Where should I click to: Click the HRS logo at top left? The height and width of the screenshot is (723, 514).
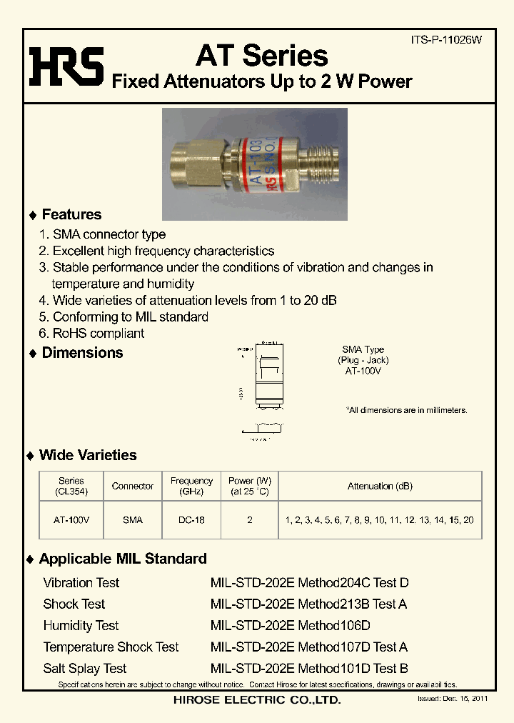(66, 65)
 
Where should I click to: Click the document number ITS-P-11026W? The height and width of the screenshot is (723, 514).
(447, 41)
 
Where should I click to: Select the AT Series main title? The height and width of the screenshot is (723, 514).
(261, 55)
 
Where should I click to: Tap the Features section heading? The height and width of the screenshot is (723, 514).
(71, 214)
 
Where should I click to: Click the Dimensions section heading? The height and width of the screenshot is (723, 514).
(82, 353)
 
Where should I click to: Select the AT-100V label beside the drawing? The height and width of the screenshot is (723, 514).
(363, 372)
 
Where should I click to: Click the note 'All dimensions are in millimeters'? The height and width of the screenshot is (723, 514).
(407, 410)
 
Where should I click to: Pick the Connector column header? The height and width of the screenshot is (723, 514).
(133, 486)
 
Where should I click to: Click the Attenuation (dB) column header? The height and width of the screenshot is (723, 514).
(380, 486)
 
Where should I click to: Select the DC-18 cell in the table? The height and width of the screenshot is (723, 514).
(191, 520)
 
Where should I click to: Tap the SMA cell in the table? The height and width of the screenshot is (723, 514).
(133, 520)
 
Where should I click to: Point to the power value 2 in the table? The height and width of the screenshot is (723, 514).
(250, 520)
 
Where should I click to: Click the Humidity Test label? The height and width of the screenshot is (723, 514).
(81, 626)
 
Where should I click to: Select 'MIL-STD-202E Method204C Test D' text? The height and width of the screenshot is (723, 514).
(309, 583)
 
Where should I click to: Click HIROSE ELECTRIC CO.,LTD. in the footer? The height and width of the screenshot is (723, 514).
(257, 701)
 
